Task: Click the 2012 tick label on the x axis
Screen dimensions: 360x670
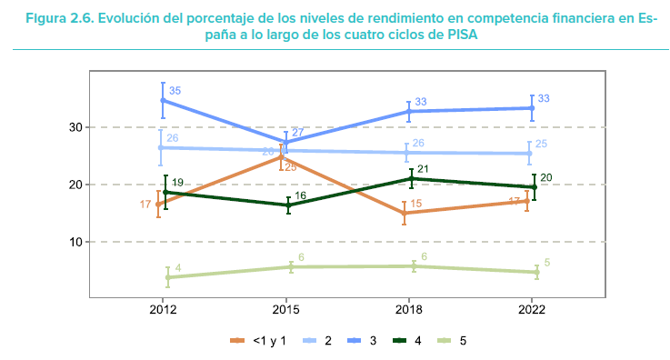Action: click(x=164, y=309)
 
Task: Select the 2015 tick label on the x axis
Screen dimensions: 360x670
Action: click(x=286, y=309)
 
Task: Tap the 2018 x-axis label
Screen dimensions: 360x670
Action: click(x=410, y=309)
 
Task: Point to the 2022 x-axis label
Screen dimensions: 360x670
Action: click(x=533, y=309)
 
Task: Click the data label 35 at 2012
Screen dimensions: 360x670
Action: click(x=175, y=91)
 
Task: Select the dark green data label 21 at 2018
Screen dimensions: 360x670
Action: click(x=422, y=169)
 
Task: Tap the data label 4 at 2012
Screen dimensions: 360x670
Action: click(x=178, y=268)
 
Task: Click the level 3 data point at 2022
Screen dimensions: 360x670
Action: click(x=533, y=108)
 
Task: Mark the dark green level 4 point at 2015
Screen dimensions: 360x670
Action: click(x=287, y=205)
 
